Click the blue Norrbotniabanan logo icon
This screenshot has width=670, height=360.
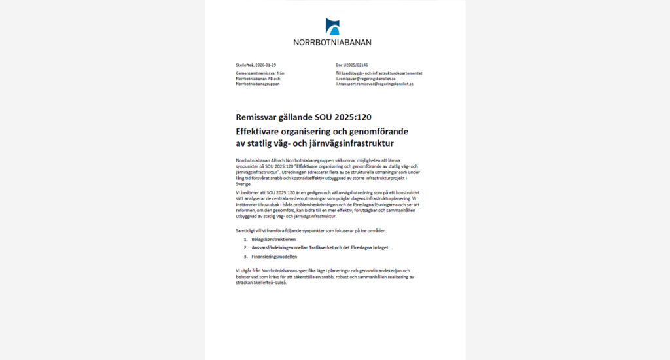332,26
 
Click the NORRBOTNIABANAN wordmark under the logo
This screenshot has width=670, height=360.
332,42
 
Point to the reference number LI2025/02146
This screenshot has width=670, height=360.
355,65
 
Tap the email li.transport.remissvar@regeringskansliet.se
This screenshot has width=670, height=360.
374,84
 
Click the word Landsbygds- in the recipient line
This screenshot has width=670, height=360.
357,73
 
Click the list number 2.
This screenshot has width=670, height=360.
245,248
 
